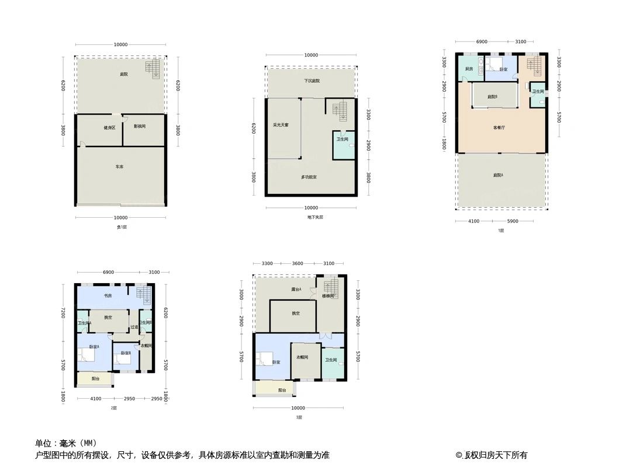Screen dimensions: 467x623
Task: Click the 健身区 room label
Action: [109, 127]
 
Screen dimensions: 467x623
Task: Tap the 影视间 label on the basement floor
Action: [140, 126]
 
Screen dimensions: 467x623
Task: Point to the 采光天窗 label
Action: [281, 125]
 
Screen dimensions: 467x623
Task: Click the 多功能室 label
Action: [309, 177]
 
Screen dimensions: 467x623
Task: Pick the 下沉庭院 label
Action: [311, 81]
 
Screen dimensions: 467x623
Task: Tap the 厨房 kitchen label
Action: [469, 69]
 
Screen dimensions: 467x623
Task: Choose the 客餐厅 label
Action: [499, 127]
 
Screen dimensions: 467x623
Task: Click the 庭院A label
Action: [499, 175]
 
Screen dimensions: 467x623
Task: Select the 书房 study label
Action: [108, 295]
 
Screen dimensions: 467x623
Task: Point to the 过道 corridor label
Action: [134, 327]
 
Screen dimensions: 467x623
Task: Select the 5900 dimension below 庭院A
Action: [513, 221]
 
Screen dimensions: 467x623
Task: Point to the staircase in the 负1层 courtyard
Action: [153, 69]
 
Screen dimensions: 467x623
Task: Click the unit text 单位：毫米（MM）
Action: [66, 443]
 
